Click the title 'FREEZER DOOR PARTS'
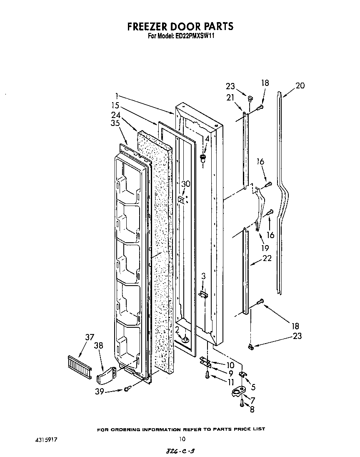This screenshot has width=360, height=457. (180, 27)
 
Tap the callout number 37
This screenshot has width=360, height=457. (90, 337)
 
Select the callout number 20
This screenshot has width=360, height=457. (300, 86)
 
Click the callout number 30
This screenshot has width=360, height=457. (185, 184)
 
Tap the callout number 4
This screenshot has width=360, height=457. (207, 138)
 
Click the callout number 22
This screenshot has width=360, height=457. (267, 258)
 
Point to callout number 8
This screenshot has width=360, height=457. (251, 409)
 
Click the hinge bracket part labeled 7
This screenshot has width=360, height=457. (237, 393)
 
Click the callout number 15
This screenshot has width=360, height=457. (115, 105)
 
